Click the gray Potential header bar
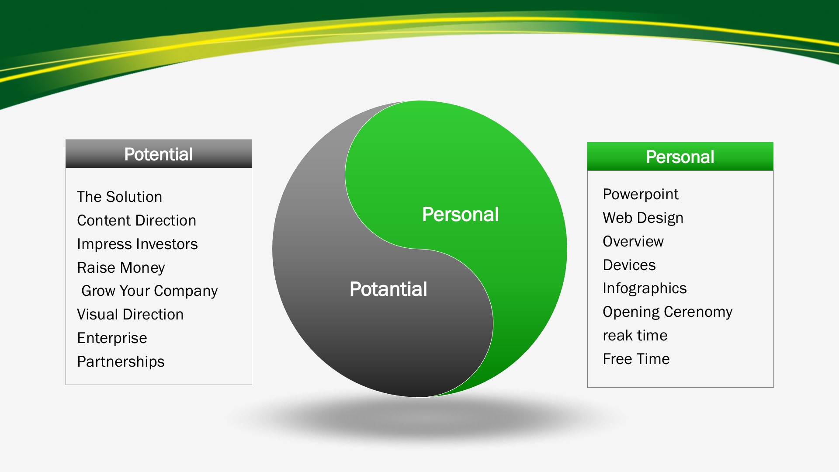(159, 154)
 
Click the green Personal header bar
(680, 156)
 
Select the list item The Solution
(119, 197)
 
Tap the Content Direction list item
(136, 220)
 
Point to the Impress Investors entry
(137, 244)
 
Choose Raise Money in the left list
(121, 267)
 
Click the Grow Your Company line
(149, 291)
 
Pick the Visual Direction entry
(130, 314)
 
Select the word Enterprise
(112, 338)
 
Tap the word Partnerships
(121, 362)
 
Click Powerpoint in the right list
(641, 194)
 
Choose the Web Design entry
(643, 218)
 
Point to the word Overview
(633, 241)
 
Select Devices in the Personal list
(629, 265)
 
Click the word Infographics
(645, 288)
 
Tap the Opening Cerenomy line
(667, 312)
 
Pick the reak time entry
(635, 336)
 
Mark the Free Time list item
(636, 359)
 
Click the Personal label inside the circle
(460, 215)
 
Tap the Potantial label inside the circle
(388, 289)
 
